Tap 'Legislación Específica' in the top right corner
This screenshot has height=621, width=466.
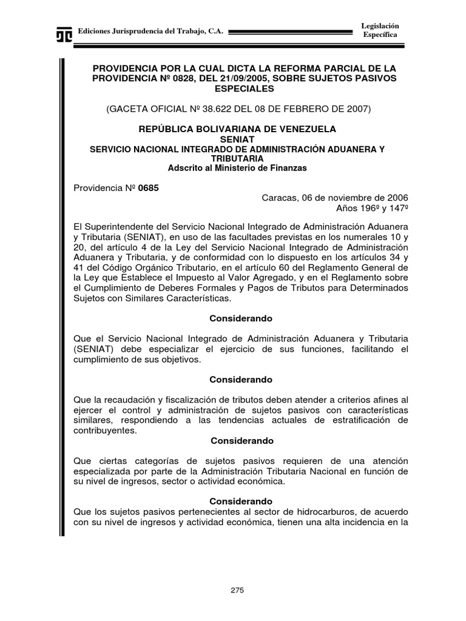tap(380, 30)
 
